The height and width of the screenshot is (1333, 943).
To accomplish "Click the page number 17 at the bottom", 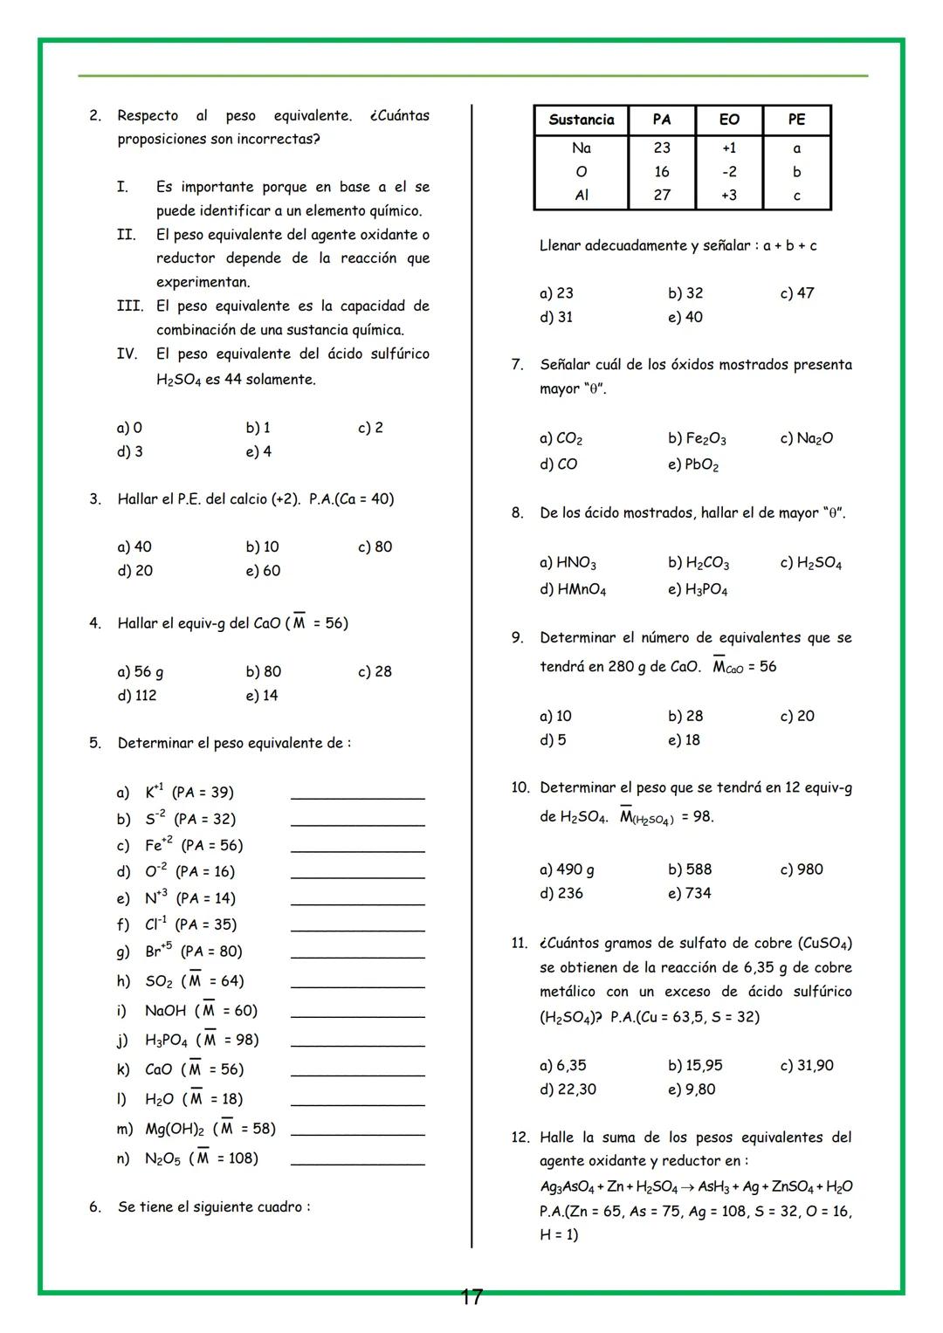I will point(471,1297).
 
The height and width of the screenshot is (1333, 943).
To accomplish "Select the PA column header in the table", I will point(662,120).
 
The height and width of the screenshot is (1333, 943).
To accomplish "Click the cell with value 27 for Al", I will point(662,196).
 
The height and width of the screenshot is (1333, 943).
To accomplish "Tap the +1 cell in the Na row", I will point(729,148).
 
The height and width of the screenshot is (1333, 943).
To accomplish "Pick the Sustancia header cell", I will point(581,120).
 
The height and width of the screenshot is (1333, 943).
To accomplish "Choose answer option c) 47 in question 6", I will point(796,293).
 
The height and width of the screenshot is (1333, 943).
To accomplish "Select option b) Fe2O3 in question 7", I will point(697,438).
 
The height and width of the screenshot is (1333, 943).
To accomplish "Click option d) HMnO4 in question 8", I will point(573,589).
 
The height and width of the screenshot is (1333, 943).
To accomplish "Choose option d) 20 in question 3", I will point(135,571).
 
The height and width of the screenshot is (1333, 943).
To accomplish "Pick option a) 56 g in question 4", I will point(141,672).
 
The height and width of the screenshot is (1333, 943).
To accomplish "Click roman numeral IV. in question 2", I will point(127,354).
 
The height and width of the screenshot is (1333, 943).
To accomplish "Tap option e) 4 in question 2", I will point(258,452).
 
